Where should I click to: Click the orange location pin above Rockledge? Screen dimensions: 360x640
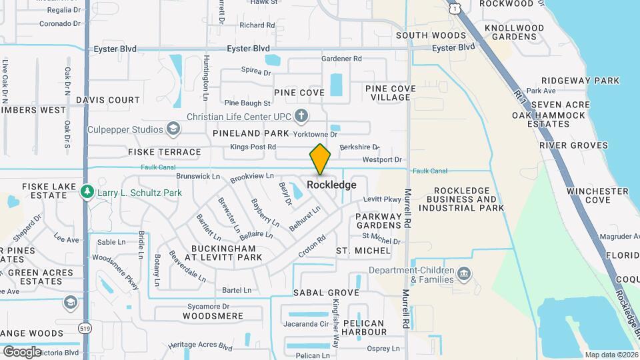click(320, 159)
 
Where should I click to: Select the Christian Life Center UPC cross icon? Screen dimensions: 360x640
click(301, 117)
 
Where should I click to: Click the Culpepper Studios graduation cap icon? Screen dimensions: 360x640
click(173, 129)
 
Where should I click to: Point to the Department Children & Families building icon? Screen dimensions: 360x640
click(464, 274)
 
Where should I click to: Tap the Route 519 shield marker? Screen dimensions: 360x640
click(85, 328)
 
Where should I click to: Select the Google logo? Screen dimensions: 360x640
click(22, 351)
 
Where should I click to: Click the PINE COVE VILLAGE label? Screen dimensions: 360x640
click(391, 93)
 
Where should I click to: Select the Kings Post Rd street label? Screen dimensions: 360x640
click(253, 147)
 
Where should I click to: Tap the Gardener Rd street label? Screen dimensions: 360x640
click(341, 59)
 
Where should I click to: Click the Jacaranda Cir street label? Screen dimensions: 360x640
click(306, 324)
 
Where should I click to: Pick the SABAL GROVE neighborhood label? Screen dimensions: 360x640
click(326, 293)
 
